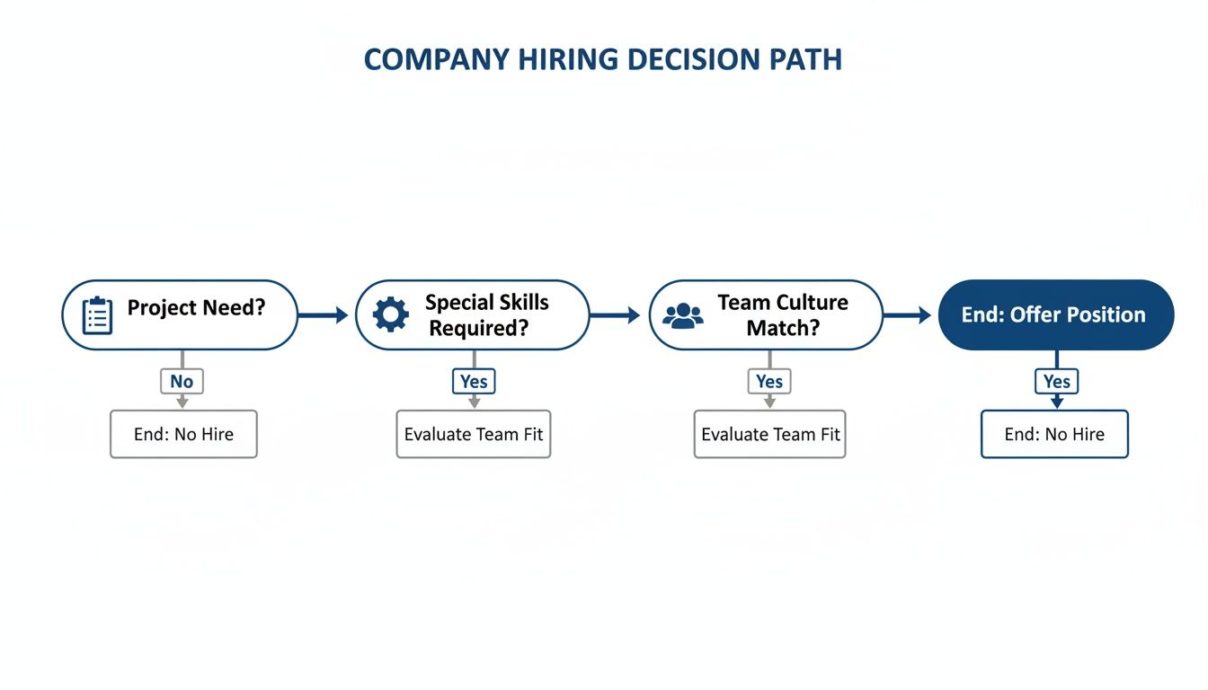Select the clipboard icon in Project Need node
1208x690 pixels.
pos(97,315)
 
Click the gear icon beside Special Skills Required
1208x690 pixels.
pos(390,315)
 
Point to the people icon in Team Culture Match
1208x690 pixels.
pos(683,315)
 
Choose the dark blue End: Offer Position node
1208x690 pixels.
pos(1055,314)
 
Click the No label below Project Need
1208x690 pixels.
pos(182,381)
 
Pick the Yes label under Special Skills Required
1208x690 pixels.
pos(474,381)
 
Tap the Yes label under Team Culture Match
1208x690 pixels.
pos(769,381)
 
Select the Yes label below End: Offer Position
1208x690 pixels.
pos(1057,381)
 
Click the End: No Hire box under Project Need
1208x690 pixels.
pos(183,434)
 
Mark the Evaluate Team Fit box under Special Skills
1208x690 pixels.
pos(474,434)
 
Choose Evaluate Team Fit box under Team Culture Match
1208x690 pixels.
pos(770,434)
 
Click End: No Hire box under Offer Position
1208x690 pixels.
pos(1054,434)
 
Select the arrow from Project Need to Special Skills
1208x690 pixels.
pos(324,314)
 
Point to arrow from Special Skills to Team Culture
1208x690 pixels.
pos(616,314)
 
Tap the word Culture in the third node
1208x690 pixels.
pos(813,303)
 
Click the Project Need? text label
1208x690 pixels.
pos(196,308)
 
